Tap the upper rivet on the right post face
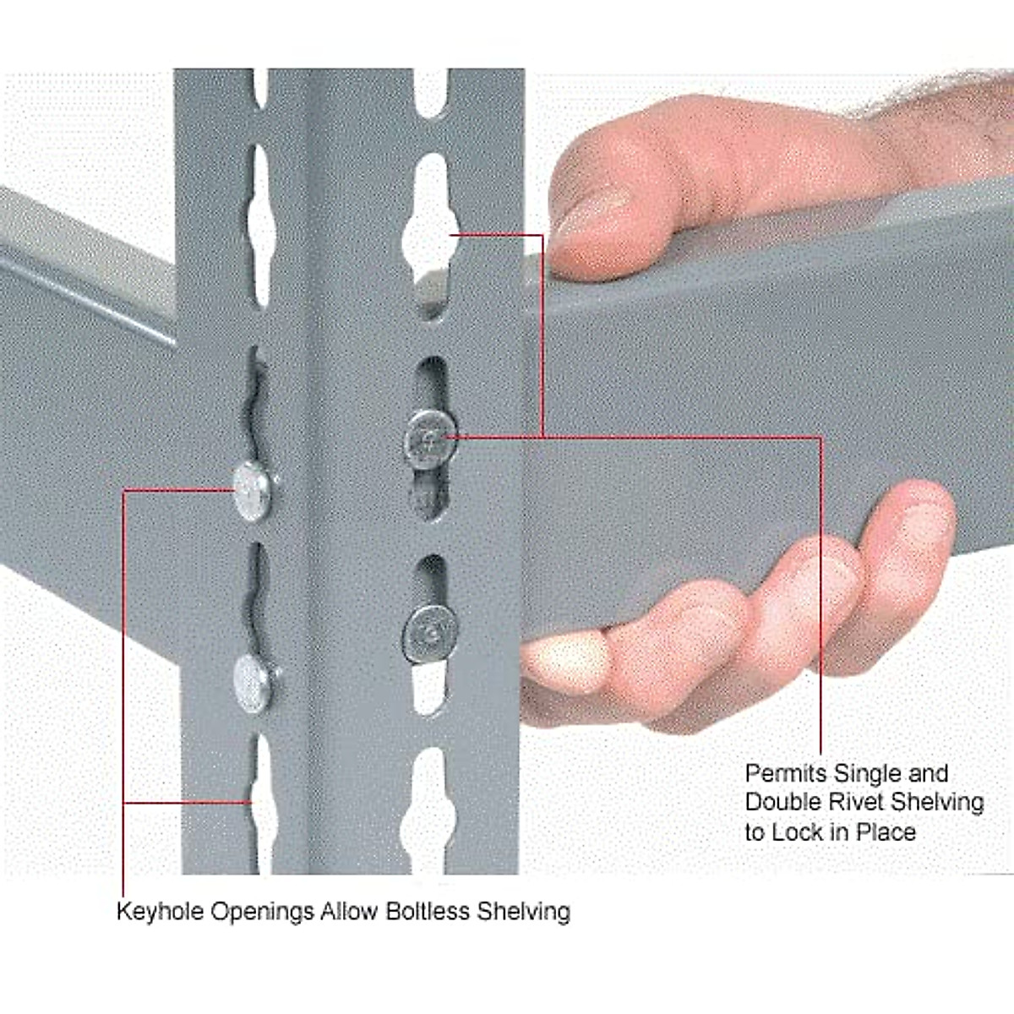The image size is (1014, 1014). coord(430,438)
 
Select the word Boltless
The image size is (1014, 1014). coord(428,912)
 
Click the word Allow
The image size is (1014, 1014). coord(350,912)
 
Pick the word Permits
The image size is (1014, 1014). coord(785,773)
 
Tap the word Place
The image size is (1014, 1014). coord(886,831)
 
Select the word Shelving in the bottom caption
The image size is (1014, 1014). coord(524,913)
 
